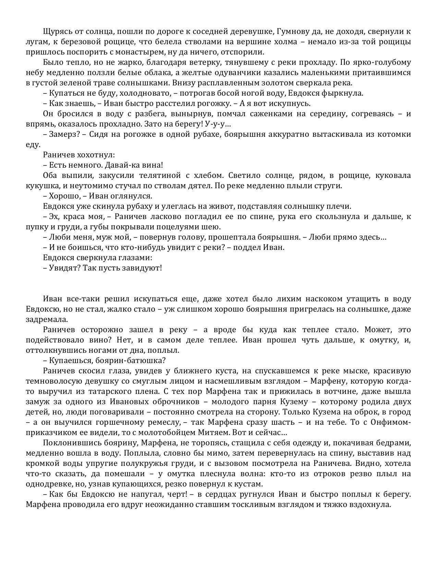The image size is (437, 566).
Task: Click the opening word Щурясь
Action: [56, 32]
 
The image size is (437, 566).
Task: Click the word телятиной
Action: [160, 176]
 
